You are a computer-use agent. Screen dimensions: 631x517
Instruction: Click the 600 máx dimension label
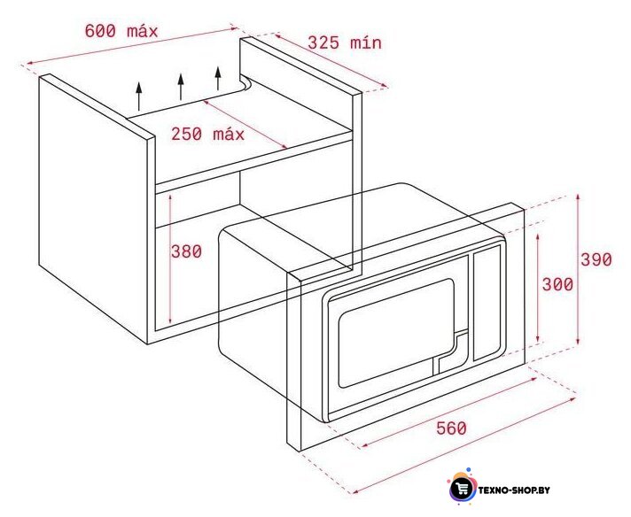(121, 31)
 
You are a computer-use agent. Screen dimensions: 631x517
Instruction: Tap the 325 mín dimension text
(345, 42)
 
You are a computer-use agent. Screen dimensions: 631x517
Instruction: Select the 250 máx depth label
(207, 134)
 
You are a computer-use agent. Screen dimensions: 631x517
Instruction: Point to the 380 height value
(186, 251)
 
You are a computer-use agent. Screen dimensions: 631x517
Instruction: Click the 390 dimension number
(596, 259)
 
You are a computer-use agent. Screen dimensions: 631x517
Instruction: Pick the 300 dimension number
(557, 285)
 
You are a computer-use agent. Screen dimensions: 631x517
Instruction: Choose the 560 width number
(451, 428)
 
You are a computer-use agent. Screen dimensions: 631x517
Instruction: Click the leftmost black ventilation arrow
(139, 96)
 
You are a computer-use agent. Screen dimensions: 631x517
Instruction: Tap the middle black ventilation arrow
(181, 87)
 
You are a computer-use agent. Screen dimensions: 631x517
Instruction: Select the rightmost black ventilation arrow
(218, 78)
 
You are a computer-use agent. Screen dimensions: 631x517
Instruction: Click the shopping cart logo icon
(461, 489)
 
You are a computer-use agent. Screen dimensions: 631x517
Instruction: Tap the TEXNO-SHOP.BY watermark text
(514, 490)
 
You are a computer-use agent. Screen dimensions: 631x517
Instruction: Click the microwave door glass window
(396, 333)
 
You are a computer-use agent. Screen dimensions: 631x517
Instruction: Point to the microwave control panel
(487, 303)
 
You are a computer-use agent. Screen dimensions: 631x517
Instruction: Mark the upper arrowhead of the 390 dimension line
(578, 198)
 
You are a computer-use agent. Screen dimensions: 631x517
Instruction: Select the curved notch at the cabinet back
(245, 83)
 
